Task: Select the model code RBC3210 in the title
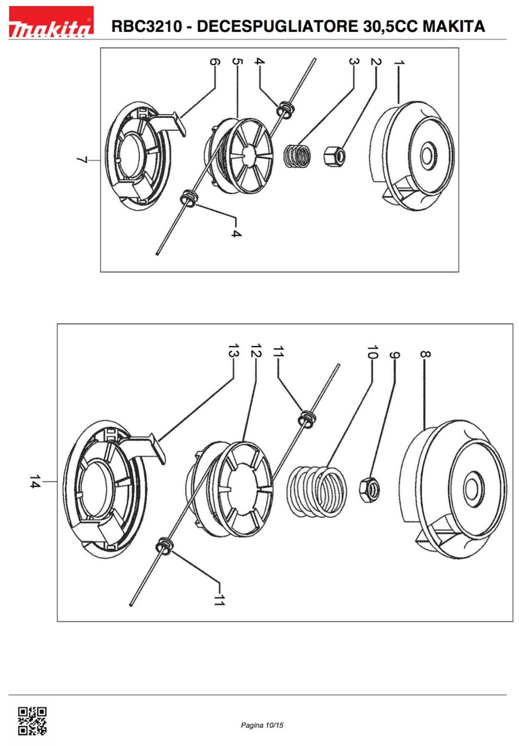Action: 147,26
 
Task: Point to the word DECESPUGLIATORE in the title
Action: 277,26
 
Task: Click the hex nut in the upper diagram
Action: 334,155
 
